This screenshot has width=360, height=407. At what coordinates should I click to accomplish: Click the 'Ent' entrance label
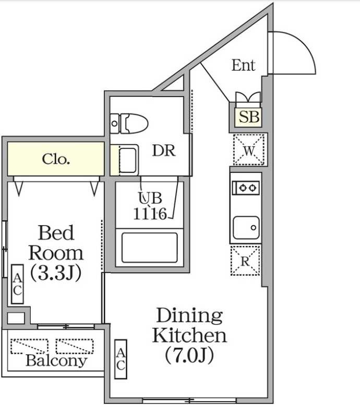click(243, 65)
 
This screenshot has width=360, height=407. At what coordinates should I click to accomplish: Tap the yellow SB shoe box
click(249, 117)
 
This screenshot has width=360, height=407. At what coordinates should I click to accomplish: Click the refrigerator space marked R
click(245, 261)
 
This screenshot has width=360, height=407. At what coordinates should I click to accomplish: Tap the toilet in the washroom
click(130, 123)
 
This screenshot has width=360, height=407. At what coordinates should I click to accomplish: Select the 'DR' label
click(163, 151)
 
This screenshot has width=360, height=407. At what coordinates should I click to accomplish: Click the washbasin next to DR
click(127, 159)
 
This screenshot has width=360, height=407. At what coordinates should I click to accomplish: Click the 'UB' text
click(150, 199)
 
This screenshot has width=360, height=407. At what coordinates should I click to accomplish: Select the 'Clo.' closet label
click(56, 159)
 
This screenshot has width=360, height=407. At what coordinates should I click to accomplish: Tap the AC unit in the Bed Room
click(17, 285)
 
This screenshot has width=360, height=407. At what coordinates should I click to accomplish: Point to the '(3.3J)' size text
click(56, 273)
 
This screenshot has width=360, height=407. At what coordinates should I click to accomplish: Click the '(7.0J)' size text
click(190, 356)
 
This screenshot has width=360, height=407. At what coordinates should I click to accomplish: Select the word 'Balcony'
click(56, 360)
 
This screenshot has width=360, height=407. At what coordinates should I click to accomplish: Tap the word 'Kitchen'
click(189, 335)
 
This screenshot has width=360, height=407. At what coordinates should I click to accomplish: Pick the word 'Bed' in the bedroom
click(56, 232)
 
